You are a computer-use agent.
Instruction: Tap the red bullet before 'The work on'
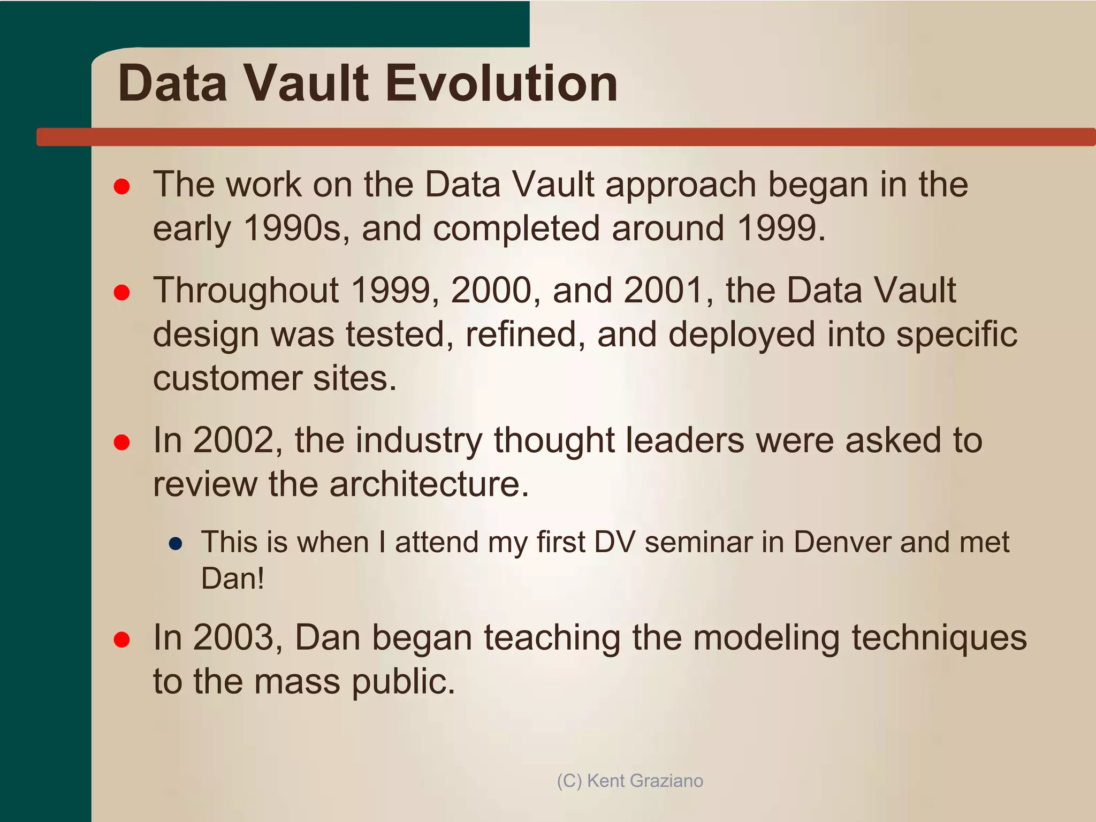click(x=122, y=186)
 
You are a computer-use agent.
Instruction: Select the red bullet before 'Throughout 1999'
click(x=122, y=292)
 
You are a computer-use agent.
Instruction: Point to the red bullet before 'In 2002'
click(x=122, y=442)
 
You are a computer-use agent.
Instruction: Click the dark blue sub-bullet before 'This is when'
click(x=176, y=544)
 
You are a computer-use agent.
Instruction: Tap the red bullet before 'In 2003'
click(x=122, y=640)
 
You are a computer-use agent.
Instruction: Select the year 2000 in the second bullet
click(x=491, y=291)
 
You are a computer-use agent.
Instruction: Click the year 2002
click(x=233, y=440)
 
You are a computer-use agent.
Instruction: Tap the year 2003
click(x=233, y=638)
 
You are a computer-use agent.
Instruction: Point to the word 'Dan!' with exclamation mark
click(x=233, y=579)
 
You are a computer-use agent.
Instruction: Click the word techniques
click(x=939, y=638)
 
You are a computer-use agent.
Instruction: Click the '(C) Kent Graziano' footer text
click(x=630, y=781)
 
